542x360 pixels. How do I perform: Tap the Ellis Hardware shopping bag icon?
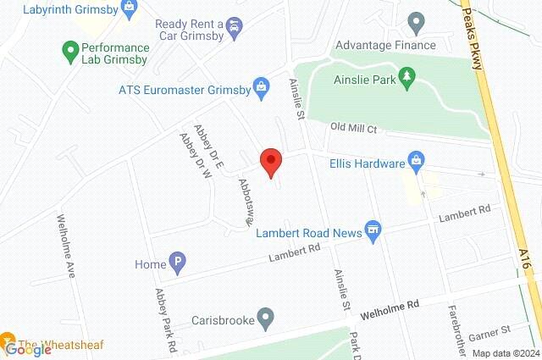tap(416, 159)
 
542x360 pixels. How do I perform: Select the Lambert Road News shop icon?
tap(373, 230)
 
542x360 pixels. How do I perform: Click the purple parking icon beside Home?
tap(178, 264)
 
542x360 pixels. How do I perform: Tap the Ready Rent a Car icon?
tap(233, 28)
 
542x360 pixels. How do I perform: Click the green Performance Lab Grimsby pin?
tap(70, 53)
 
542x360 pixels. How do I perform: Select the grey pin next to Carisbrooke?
tap(266, 319)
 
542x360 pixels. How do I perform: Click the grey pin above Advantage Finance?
tap(416, 19)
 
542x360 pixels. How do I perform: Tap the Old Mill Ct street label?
tap(352, 127)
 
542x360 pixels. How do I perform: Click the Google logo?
tap(28, 349)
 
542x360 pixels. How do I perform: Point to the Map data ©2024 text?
tap(505, 353)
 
